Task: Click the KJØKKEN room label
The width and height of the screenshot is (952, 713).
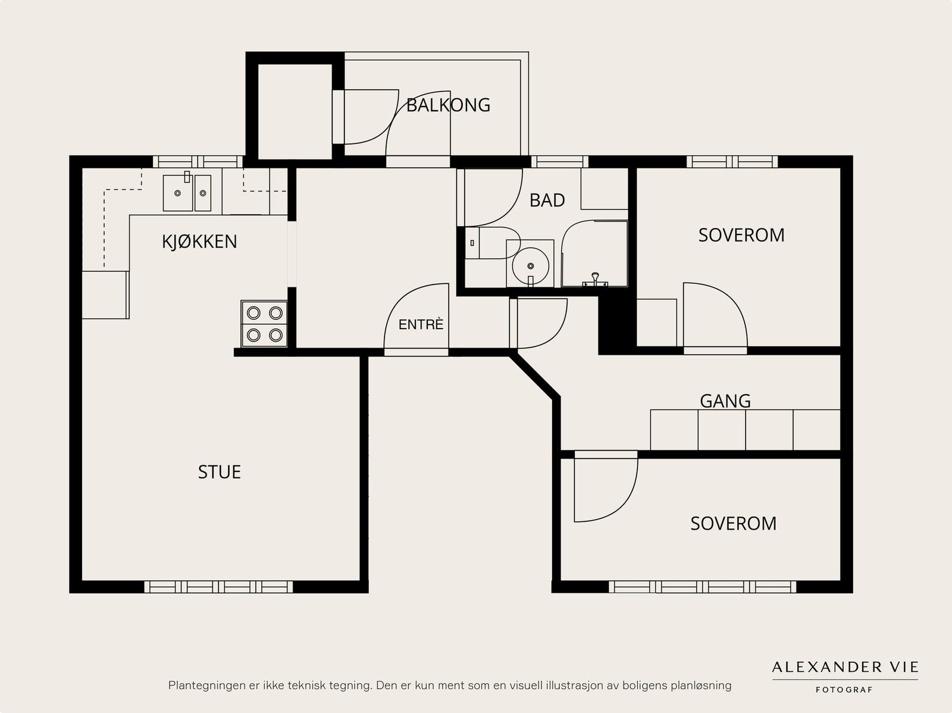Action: coord(199,241)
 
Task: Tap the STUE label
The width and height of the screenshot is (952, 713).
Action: coord(220,472)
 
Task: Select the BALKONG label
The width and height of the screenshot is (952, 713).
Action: coord(449,105)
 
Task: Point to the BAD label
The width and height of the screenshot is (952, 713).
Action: coord(547,201)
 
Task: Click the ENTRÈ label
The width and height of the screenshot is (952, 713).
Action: coord(421,324)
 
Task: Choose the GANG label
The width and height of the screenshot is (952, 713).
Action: coord(725,401)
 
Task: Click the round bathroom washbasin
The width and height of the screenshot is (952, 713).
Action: coord(530,265)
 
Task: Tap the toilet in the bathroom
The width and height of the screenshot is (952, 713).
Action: coord(493,243)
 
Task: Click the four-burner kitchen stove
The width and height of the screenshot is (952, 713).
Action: coord(264,324)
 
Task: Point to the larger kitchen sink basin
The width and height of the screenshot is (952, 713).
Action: coord(178,193)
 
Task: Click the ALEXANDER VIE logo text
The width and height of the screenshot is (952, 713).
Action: coord(845,667)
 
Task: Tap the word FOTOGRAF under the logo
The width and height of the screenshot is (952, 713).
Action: coord(844,690)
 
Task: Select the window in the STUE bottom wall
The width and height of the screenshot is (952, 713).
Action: coord(218,587)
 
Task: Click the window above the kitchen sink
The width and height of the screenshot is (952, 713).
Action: coord(198,162)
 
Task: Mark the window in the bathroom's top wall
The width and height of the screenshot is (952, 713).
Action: coord(559,162)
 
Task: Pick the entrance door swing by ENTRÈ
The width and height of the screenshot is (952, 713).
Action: coord(416,316)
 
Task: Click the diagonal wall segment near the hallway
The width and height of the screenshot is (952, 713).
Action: coord(534,375)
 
